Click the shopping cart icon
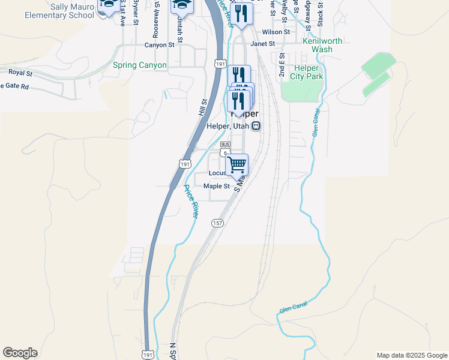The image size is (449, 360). (x=238, y=164)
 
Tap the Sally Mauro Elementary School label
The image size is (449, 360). (x=59, y=10)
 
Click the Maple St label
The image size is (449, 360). (x=217, y=186)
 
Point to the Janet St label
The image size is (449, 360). (x=262, y=44)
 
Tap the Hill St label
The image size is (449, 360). (x=202, y=107)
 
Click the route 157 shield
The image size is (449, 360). (x=217, y=223)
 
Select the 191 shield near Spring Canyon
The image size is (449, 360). (x=220, y=64)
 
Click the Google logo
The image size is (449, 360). (x=20, y=353)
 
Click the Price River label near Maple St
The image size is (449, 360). (x=191, y=200)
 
